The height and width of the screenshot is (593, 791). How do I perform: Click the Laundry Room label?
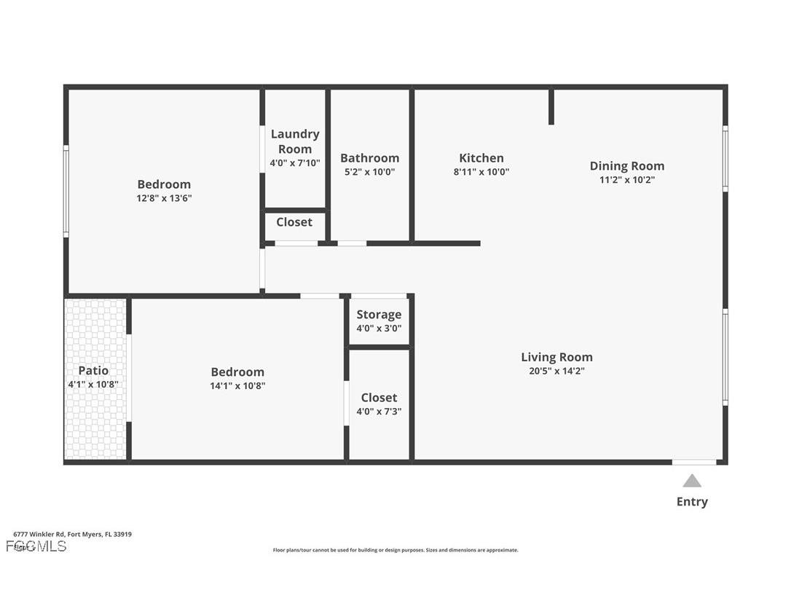click(295, 141)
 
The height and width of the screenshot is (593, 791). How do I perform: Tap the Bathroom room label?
click(370, 158)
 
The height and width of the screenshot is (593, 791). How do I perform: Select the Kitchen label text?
click(481, 158)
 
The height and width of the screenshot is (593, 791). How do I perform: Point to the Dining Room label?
click(627, 166)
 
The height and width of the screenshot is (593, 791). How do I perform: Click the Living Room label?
click(556, 357)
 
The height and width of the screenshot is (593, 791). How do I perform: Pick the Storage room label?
click(379, 315)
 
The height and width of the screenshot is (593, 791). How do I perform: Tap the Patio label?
click(93, 371)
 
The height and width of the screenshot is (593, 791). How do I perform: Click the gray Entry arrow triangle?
click(692, 481)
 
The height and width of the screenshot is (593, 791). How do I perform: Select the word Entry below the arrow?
click(692, 501)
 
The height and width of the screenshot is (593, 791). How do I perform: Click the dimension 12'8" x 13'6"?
click(164, 198)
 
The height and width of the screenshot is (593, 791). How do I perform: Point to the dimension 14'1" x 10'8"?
click(237, 385)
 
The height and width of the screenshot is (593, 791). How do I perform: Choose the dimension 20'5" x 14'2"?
click(556, 371)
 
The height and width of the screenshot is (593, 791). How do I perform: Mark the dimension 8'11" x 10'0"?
click(481, 172)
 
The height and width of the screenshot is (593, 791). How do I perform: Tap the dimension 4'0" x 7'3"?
click(379, 411)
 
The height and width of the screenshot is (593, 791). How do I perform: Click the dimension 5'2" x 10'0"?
click(370, 172)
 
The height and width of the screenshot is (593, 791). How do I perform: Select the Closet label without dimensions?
click(294, 222)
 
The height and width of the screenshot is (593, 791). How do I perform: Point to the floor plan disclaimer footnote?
click(395, 550)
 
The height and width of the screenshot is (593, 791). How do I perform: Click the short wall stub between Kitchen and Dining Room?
click(551, 106)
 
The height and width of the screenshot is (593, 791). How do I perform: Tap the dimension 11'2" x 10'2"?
click(627, 180)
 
